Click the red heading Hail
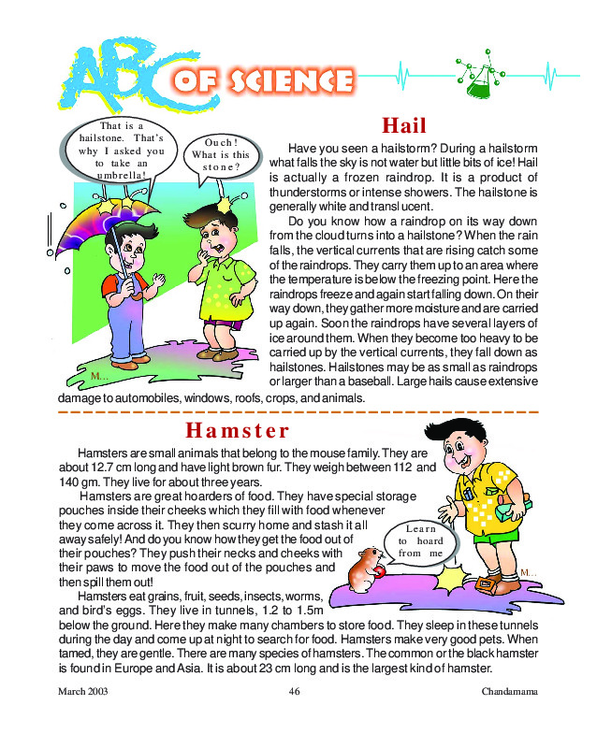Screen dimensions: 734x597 [x=404, y=126]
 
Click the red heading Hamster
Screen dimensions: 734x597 [x=238, y=430]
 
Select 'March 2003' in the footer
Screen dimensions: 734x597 [x=83, y=693]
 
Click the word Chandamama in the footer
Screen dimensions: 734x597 [x=509, y=693]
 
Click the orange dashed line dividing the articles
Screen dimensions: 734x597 [x=298, y=411]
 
